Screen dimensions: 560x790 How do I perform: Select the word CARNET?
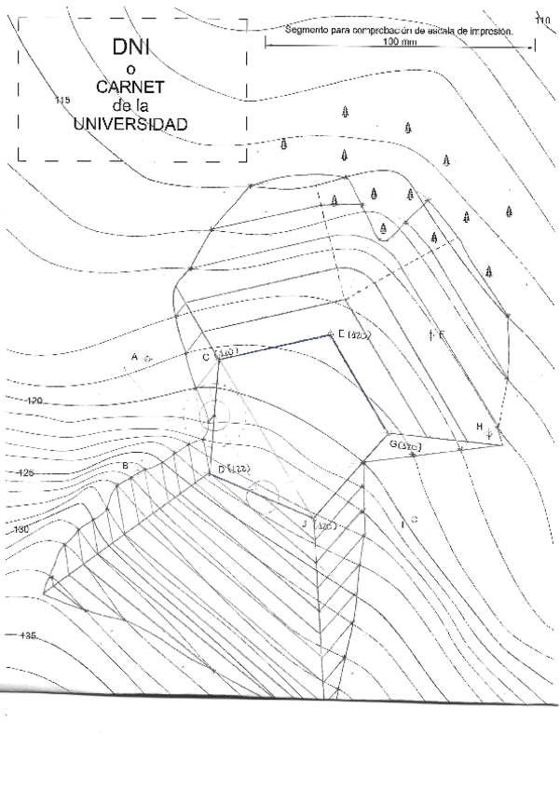point(130,87)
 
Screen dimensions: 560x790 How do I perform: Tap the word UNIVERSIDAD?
point(130,123)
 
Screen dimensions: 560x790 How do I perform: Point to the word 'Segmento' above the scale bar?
point(310,30)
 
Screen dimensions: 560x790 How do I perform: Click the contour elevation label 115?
point(63,100)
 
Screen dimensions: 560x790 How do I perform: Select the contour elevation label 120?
point(35,401)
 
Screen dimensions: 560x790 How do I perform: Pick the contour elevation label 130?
point(22,529)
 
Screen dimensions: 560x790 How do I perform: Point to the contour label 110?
point(543,20)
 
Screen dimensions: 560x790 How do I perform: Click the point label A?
point(134,357)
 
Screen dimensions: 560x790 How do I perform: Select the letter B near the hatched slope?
point(124,465)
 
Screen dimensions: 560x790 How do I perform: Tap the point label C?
point(206,357)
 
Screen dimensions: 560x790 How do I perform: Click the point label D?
point(221,470)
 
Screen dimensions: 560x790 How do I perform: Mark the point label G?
point(393,445)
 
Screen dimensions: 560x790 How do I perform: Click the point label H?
point(480,427)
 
